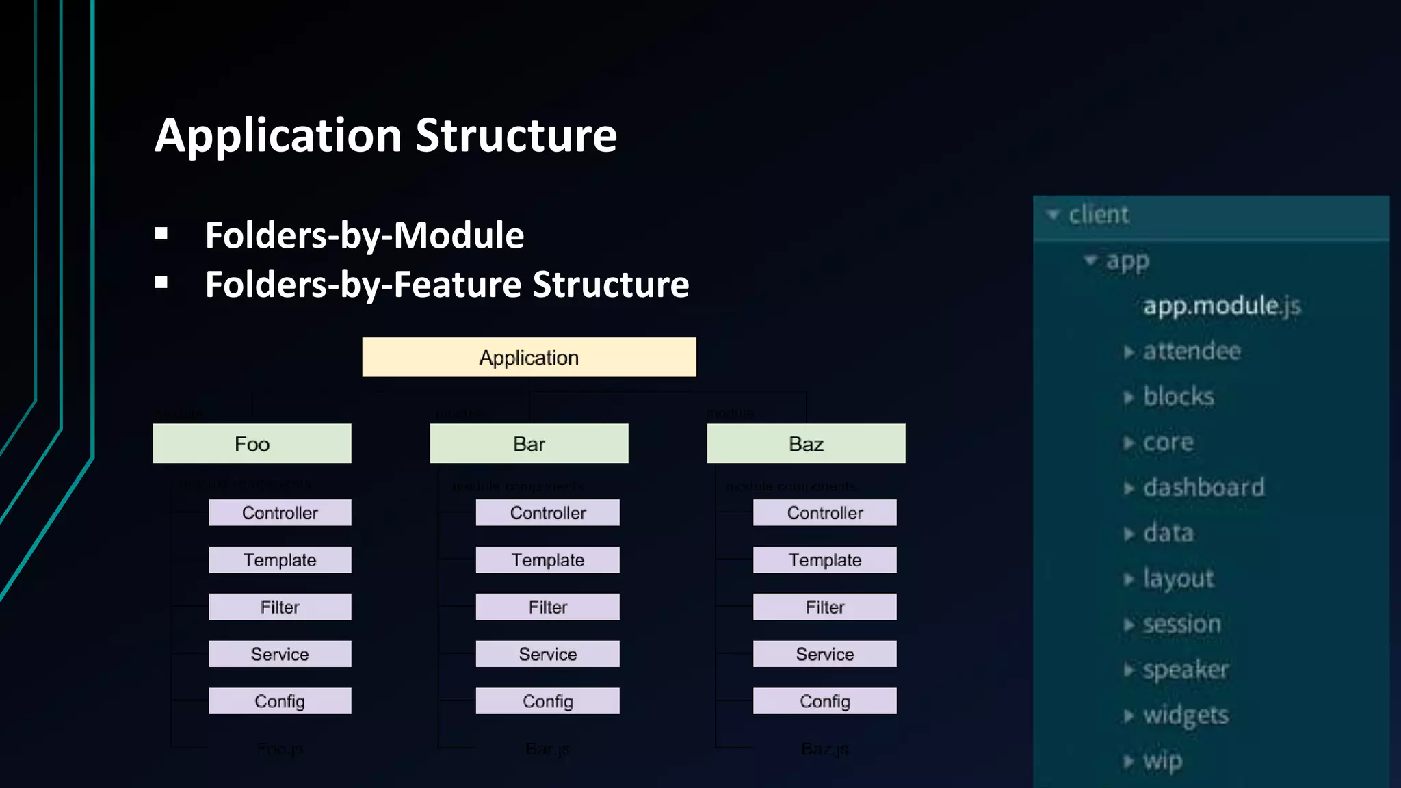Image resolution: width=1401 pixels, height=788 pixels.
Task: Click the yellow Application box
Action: coord(529,357)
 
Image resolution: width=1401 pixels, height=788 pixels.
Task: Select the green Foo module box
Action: coord(252,444)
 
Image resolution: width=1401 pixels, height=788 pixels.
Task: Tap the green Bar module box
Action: coord(529,444)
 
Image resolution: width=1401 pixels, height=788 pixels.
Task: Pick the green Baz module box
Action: coord(806,444)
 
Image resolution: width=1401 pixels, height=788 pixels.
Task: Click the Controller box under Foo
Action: coord(280,513)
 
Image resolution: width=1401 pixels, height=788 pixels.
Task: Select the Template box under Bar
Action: coord(547,560)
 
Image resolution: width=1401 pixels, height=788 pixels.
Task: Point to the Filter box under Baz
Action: coord(824,607)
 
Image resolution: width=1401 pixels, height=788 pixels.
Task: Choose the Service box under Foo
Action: coord(280,654)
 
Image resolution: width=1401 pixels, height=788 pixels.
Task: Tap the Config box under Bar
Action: coord(547,701)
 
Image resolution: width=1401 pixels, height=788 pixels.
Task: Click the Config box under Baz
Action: coord(824,701)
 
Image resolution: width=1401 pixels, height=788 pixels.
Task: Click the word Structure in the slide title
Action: coord(516,135)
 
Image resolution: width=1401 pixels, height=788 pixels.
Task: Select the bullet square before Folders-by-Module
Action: coord(161,235)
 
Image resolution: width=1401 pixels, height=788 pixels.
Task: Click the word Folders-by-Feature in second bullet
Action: coord(363,285)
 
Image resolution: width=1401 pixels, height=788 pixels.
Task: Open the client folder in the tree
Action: coord(1098,215)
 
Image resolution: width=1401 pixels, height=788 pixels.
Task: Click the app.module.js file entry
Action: coord(1221,306)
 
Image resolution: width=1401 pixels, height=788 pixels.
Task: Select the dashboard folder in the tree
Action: coord(1203,488)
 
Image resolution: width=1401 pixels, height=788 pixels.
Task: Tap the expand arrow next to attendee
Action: coord(1128,352)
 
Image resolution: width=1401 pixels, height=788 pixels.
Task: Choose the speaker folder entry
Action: coord(1186,669)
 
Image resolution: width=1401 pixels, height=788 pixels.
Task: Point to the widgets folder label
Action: coord(1186,715)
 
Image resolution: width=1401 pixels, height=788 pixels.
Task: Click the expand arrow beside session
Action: coord(1128,625)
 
